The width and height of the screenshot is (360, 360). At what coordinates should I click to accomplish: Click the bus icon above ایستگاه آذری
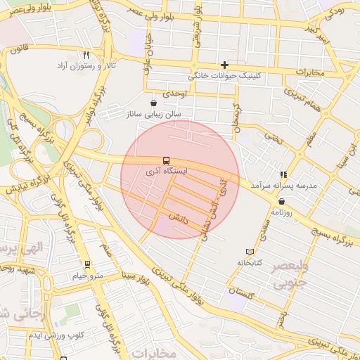tap(166, 160)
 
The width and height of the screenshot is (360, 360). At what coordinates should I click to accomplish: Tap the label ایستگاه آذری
tap(166, 171)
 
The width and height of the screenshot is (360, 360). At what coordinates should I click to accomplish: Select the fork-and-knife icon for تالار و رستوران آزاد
tap(86, 54)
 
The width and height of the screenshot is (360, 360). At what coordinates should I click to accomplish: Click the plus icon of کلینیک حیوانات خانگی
tap(224, 65)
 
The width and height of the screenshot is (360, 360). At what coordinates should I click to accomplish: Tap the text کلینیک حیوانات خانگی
tap(225, 75)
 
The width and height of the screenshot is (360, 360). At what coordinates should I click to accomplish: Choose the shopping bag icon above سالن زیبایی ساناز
tap(153, 103)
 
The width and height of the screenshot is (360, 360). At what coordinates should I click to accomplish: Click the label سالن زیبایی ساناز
tap(153, 113)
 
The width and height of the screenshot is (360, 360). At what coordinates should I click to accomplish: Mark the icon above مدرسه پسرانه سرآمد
tap(283, 174)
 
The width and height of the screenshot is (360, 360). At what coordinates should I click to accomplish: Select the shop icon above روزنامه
tap(282, 201)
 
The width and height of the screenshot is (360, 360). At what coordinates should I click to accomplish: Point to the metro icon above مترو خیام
tap(87, 265)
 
